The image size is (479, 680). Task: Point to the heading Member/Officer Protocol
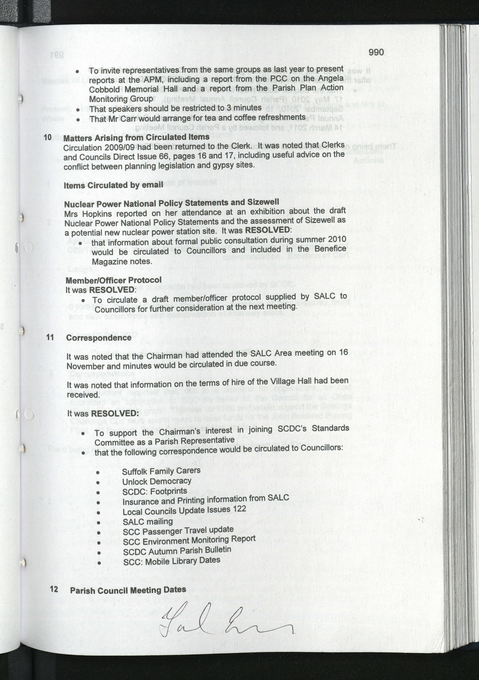[114, 280]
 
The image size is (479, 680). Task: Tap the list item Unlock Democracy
[157, 482]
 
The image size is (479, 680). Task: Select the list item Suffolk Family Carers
[161, 471]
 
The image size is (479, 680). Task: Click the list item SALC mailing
[147, 522]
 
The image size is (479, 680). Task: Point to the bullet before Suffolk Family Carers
[98, 473]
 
